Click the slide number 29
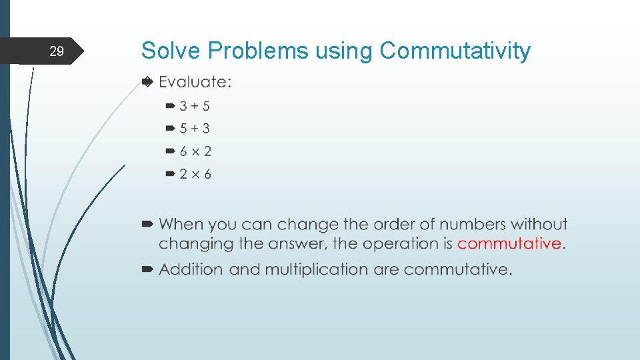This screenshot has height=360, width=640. tap(57, 51)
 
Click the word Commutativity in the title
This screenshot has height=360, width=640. tap(455, 51)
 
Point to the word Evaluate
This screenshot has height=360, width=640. tap(194, 82)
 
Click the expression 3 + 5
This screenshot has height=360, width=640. tap(195, 106)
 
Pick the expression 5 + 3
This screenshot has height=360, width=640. tap(195, 129)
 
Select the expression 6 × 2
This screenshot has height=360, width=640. tap(195, 151)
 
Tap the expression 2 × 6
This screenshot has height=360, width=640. tap(195, 174)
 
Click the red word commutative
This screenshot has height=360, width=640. tap(509, 243)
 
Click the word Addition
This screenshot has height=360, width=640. tap(191, 269)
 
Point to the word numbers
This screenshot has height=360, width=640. tap(478, 225)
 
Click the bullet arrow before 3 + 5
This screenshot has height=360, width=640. tap(171, 106)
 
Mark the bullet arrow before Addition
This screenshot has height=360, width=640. tap(148, 269)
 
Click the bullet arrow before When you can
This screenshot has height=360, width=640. tap(148, 225)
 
